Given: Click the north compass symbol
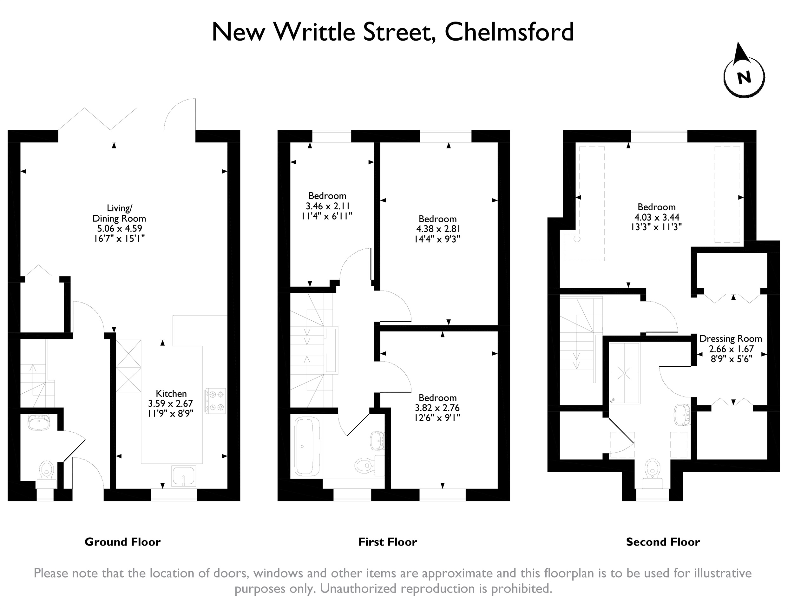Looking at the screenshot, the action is [744, 76].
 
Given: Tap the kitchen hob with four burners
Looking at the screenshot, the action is [215, 401].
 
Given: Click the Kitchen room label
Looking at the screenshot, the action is [171, 394].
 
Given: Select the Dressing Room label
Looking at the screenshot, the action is [731, 339].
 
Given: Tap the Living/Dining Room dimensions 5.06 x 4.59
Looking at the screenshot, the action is [119, 228].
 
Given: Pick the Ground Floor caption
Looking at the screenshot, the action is [123, 542].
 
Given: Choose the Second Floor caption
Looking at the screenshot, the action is [663, 542].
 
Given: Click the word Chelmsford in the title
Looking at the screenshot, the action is [509, 32].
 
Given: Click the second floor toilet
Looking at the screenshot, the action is [652, 471].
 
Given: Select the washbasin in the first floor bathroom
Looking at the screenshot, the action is [378, 441].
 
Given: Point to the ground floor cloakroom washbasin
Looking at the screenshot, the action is [38, 423].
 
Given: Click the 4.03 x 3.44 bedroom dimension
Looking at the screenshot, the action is [657, 217].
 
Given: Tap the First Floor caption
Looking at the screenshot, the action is [388, 542].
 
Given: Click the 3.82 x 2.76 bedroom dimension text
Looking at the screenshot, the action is [437, 408].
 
